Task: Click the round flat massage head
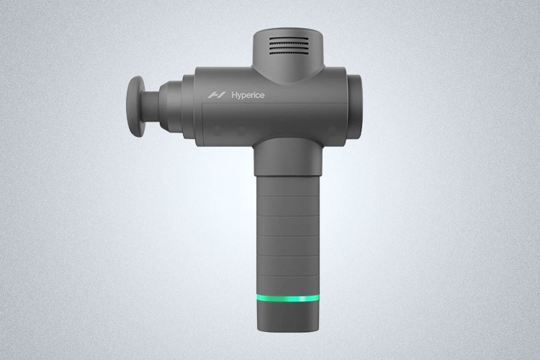[136, 107]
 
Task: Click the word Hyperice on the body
[248, 95]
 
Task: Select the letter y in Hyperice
[239, 96]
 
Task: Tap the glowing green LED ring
[288, 298]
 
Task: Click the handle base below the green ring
[288, 316]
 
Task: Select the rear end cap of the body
[354, 106]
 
